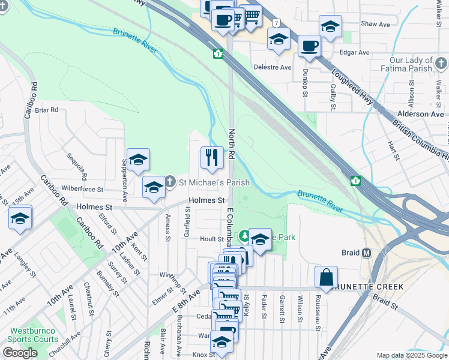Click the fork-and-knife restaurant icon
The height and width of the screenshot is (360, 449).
coord(211,158)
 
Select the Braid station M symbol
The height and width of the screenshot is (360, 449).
coord(366,253)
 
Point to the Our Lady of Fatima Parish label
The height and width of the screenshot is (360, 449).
coord(411,65)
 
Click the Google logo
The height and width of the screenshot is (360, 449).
coord(20,353)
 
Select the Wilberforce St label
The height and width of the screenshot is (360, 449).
coord(83,189)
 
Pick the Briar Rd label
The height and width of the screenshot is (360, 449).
coord(46,110)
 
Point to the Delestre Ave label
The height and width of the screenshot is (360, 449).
coord(273,67)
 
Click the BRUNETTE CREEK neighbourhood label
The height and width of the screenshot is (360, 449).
coord(366,287)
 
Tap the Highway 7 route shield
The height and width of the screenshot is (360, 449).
coord(276,23)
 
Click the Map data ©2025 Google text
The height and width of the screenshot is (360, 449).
coord(411,355)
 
